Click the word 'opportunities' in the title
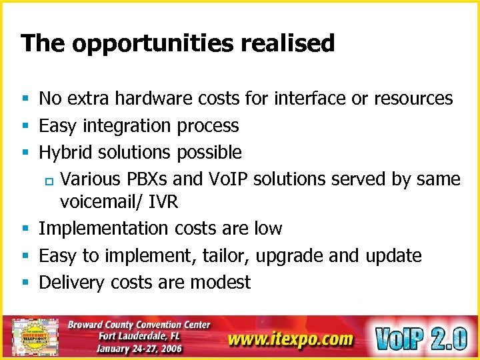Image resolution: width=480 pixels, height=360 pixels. point(153,44)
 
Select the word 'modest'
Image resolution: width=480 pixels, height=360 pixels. point(220,283)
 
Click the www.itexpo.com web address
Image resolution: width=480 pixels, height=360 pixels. point(290,339)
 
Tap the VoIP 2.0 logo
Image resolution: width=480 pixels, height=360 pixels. point(420,337)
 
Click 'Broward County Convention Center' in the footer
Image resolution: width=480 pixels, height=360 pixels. point(139,325)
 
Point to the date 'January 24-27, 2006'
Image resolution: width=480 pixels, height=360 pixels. point(139,348)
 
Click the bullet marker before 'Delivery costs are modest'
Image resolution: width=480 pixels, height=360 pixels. point(25,283)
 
